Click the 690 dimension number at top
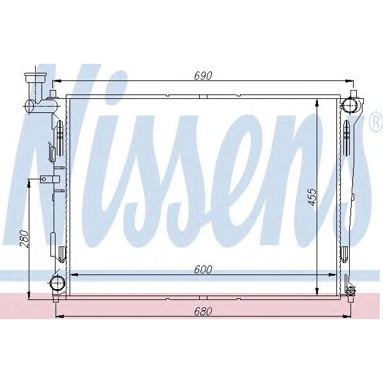coord(203,75)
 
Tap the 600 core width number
coord(203,269)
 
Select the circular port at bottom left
coord(58,282)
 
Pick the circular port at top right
coord(350,103)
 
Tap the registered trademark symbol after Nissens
coord(376,125)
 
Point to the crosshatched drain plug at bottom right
coord(350,292)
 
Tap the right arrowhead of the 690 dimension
coord(350,81)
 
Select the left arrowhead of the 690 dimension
coord(56,81)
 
